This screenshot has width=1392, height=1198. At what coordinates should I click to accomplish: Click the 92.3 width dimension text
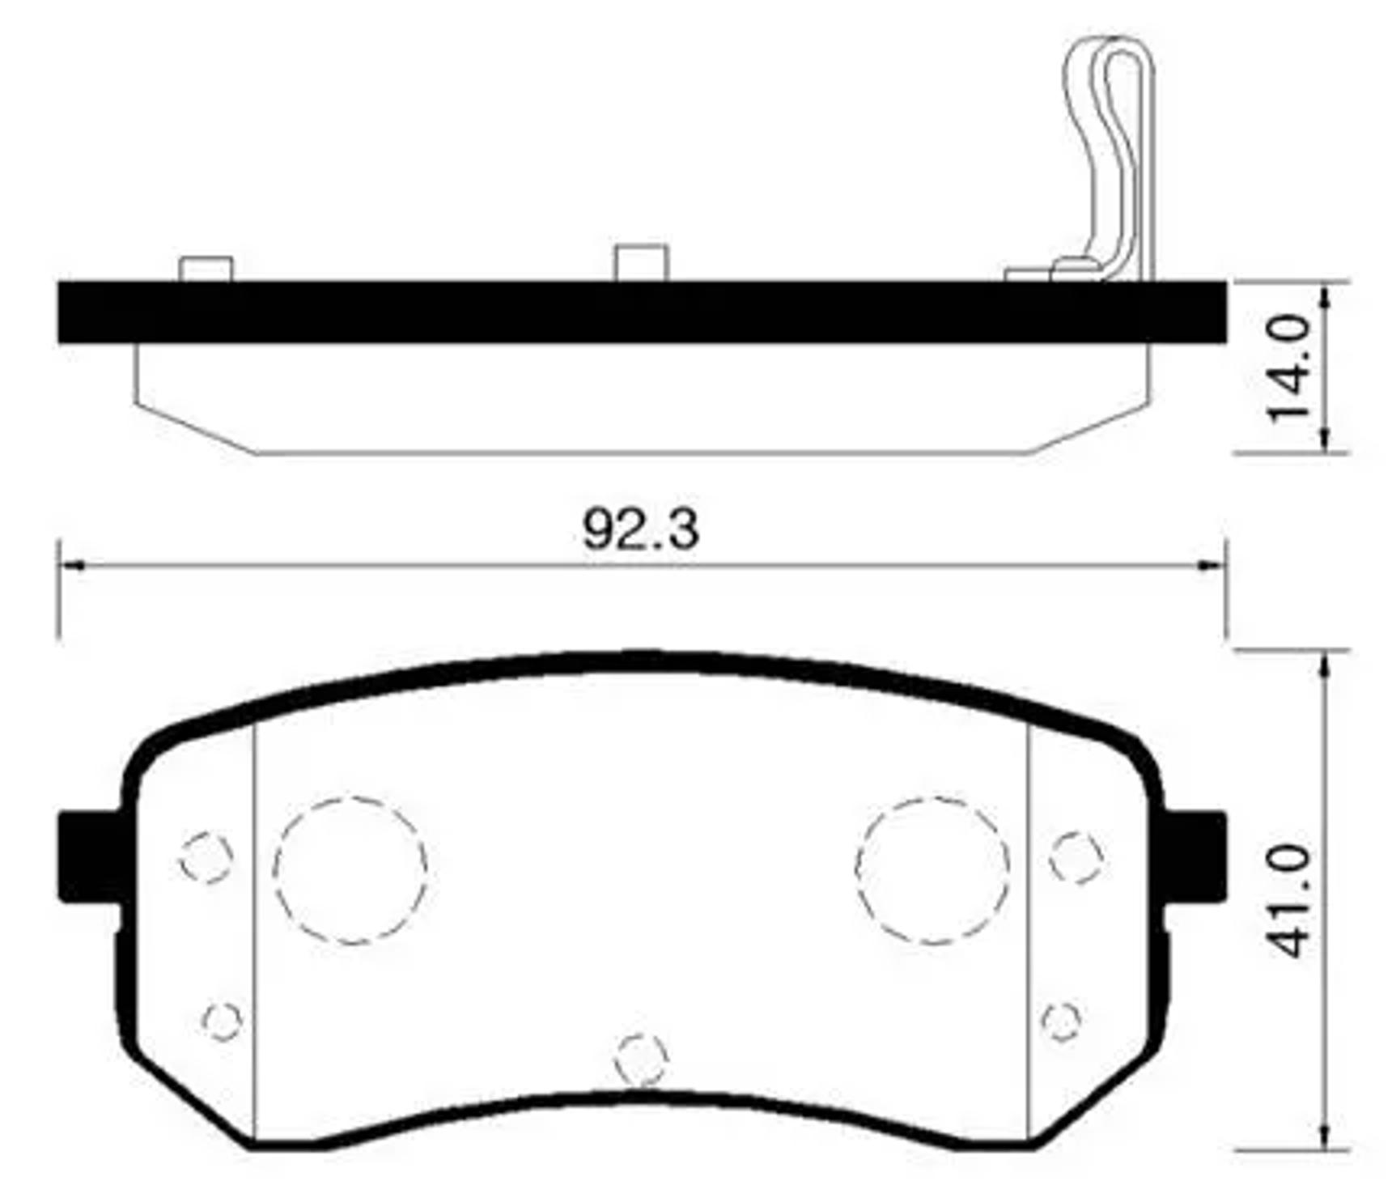coord(640,530)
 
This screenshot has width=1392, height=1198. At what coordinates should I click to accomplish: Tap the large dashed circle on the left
coord(350,870)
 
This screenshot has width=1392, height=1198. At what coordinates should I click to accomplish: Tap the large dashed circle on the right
coord(932,870)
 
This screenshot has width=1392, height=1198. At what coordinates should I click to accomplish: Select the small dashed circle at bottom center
coord(640,1060)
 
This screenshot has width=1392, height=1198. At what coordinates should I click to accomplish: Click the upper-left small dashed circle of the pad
coord(206,857)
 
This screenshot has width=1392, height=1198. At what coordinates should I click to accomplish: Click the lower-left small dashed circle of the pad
coord(222,1021)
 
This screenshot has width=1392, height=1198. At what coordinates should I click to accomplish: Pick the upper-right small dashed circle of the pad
coord(1076,857)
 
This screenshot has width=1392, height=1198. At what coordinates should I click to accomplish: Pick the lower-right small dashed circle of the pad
coord(1061,1021)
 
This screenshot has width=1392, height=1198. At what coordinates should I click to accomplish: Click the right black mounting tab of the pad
coord(1196,857)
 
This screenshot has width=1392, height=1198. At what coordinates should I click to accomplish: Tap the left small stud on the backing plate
coord(206,270)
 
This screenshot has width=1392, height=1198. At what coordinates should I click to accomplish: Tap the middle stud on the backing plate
coord(641,263)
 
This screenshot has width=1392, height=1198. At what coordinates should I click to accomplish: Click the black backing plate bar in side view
coord(641,312)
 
